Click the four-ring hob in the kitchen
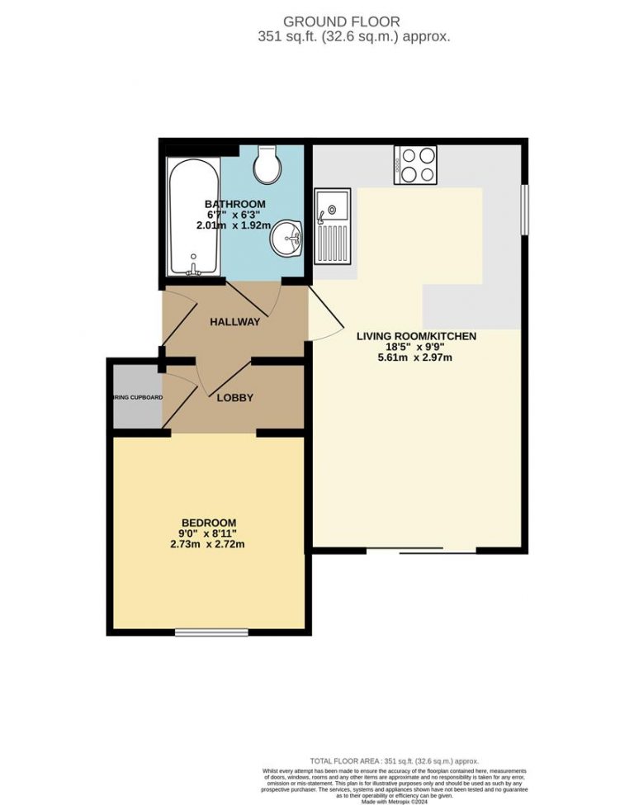pyautogui.click(x=415, y=163)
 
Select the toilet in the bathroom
pyautogui.click(x=267, y=165)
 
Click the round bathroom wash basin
pyautogui.click(x=286, y=239)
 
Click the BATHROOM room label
pyautogui.click(x=234, y=204)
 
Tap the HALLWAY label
pyautogui.click(x=234, y=322)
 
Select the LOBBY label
pyautogui.click(x=234, y=398)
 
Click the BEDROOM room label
pyautogui.click(x=209, y=523)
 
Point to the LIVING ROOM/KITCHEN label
pyautogui.click(x=416, y=336)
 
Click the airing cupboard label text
pyautogui.click(x=138, y=398)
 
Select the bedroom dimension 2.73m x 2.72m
pyautogui.click(x=209, y=544)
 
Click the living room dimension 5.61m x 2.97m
pyautogui.click(x=416, y=358)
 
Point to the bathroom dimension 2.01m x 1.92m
pyautogui.click(x=234, y=225)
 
